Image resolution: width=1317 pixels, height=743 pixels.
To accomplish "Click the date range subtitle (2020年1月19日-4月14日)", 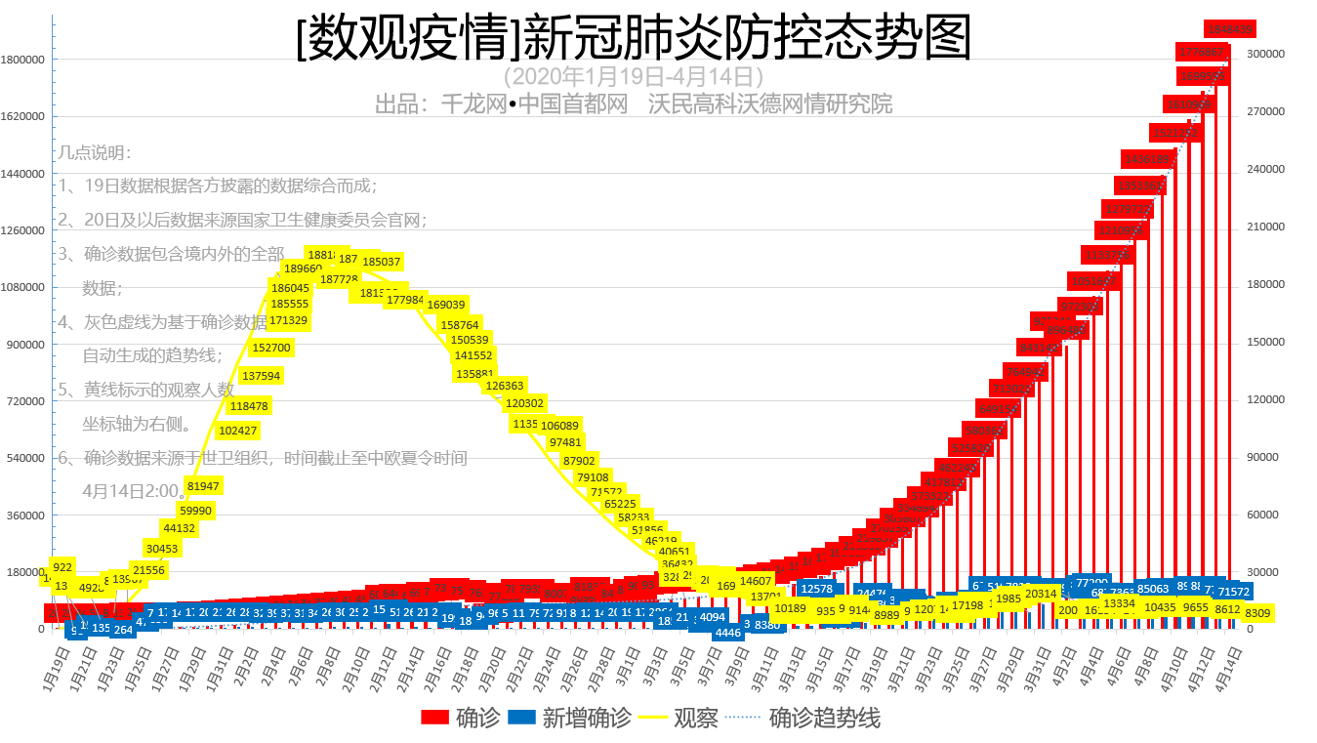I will point(633,76).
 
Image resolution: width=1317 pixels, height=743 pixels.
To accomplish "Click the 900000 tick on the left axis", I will point(25,345).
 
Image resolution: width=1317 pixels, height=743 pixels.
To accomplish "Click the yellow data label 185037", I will point(382,262).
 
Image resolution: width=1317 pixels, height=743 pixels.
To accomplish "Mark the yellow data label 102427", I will point(238,431).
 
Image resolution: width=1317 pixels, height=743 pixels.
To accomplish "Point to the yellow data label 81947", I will point(203,486).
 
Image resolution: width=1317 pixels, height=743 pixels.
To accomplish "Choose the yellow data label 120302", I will point(525,403).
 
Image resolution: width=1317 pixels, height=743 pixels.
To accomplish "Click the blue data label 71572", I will point(1234,592).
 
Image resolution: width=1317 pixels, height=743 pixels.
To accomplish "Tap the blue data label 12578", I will point(816,589).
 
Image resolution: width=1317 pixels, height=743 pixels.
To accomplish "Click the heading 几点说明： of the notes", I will point(95,152).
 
